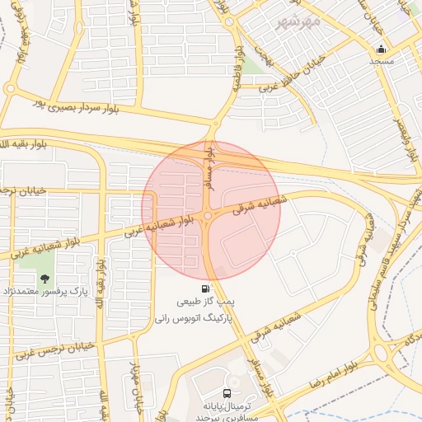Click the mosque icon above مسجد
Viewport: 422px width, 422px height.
point(381,49)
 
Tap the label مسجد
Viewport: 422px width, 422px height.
point(381,62)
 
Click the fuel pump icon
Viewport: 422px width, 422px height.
point(204,289)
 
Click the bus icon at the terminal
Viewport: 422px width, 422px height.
point(227,393)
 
